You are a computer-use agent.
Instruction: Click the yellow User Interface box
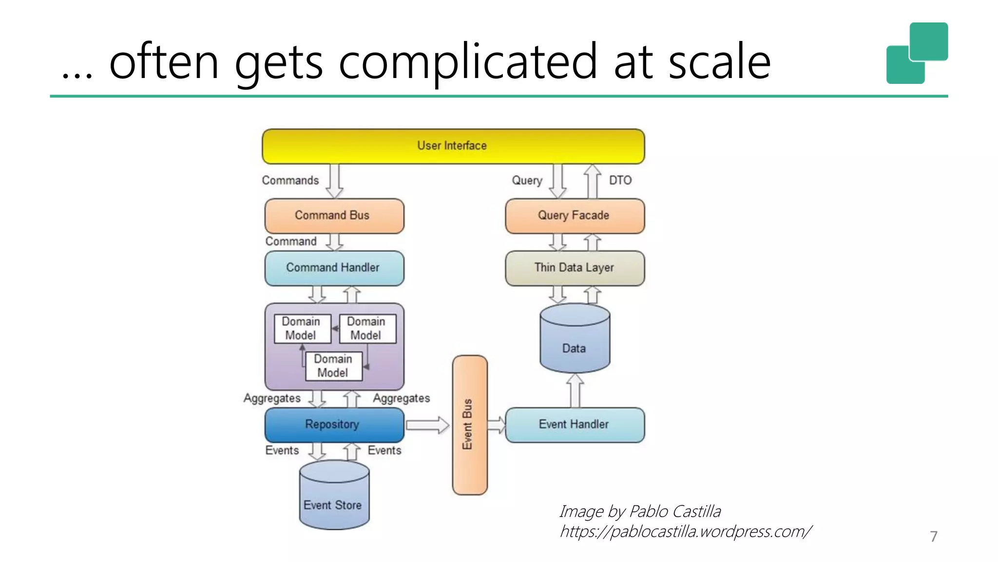pos(453,146)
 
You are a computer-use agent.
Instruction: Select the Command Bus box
pos(334,215)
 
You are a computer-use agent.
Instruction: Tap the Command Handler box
pos(334,268)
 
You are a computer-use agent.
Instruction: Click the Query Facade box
pos(575,215)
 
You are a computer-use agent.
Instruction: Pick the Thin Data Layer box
pos(575,268)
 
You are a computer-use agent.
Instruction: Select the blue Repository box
pos(334,424)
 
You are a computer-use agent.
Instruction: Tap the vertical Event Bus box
pos(469,424)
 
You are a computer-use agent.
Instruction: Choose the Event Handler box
pos(575,424)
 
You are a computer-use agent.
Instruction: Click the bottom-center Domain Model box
pos(333,366)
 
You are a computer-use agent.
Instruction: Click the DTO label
pos(620,181)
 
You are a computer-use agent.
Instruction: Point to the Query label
pos(527,181)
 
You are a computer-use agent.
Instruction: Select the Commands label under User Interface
pos(290,181)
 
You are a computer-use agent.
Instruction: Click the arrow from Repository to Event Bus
pos(427,425)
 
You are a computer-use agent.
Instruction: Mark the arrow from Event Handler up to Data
pos(575,391)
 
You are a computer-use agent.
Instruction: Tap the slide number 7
pos(933,536)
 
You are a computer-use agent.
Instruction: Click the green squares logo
pos(917,53)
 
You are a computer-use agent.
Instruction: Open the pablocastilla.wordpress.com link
pos(685,531)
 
